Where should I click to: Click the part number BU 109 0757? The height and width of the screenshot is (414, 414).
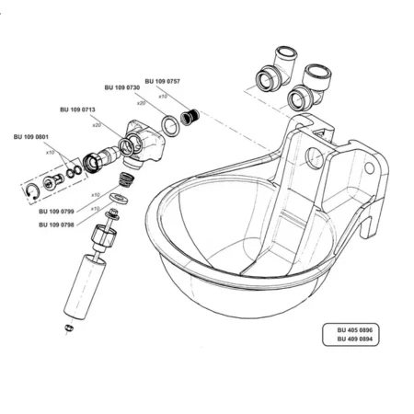click(x=162, y=81)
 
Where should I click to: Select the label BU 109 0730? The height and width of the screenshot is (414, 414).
click(x=122, y=87)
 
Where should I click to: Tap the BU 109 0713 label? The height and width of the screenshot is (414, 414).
click(x=77, y=109)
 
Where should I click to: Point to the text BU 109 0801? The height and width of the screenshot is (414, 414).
click(x=31, y=137)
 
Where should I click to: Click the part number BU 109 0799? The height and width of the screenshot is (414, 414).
click(x=56, y=212)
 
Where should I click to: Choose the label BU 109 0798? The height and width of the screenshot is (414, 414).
click(x=56, y=224)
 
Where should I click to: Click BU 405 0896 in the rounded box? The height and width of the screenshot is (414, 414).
click(x=355, y=330)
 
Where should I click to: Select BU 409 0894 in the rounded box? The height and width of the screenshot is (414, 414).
click(x=355, y=339)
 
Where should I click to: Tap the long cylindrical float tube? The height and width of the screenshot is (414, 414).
click(x=85, y=287)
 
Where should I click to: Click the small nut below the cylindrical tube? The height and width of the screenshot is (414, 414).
click(x=69, y=328)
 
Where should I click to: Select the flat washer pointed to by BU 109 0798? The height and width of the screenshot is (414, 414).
click(x=119, y=198)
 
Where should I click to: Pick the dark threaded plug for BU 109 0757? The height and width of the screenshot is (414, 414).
click(x=190, y=117)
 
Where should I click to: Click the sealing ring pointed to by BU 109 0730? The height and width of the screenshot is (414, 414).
click(x=170, y=126)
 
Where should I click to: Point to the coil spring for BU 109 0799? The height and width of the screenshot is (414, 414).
click(x=127, y=179)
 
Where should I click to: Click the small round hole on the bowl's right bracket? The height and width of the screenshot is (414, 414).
click(x=370, y=167)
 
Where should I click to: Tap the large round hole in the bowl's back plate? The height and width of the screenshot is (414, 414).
click(x=315, y=157)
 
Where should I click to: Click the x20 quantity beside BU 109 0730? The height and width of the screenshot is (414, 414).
click(x=142, y=103)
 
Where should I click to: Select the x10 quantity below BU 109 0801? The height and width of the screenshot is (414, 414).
click(x=51, y=153)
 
